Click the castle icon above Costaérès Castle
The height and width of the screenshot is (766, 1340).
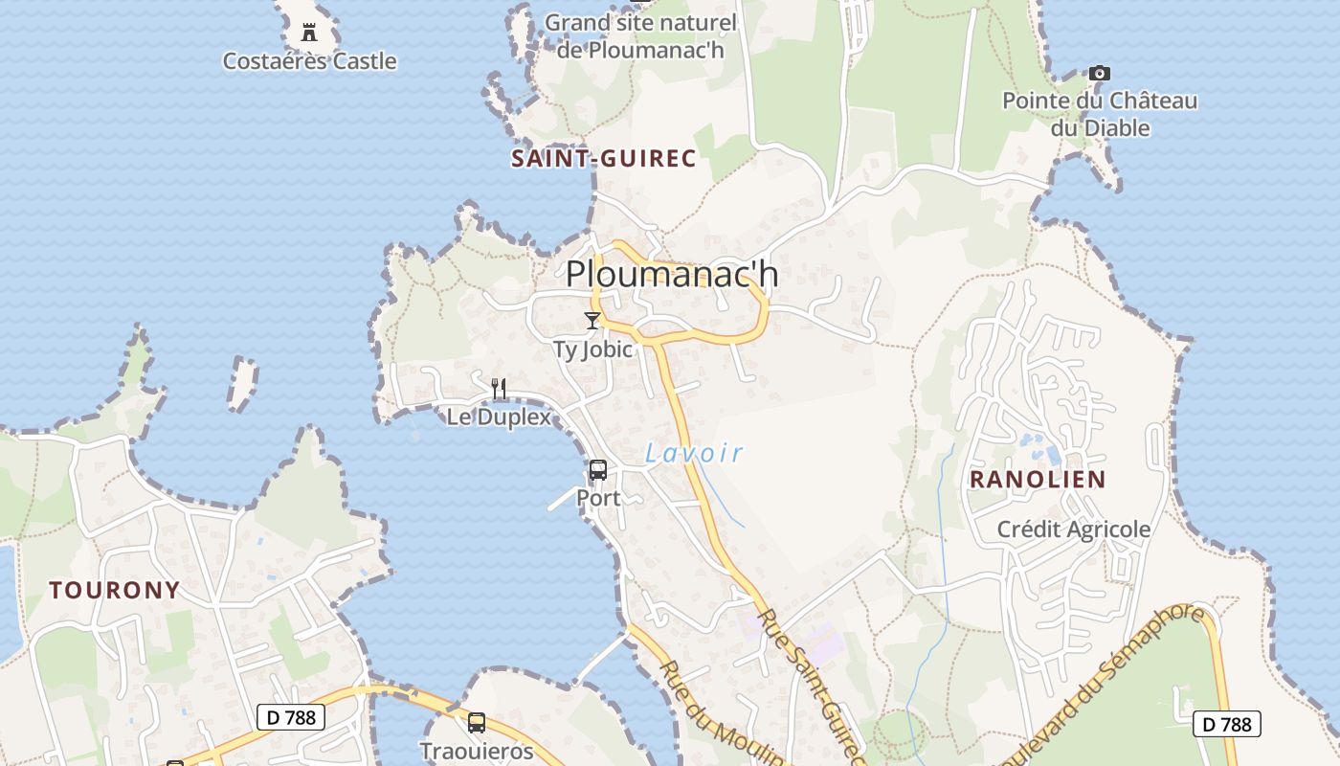coord(309,33)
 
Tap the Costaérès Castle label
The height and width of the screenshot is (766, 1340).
coord(309,61)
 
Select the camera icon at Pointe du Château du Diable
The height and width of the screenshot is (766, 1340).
coord(1099,73)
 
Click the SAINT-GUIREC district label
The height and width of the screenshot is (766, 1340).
coord(603,159)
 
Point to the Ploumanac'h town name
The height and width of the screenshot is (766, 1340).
coord(672,275)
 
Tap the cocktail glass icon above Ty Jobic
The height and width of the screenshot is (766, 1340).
coord(592,321)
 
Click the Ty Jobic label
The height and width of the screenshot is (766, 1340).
coord(593,349)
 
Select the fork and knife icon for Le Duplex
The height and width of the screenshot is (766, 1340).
coord(499,388)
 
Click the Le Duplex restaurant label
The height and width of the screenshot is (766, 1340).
coord(499,417)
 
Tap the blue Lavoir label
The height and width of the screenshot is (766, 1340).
coord(694,453)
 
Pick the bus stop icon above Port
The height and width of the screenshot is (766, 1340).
coord(598,470)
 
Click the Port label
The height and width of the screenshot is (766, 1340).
coord(598,498)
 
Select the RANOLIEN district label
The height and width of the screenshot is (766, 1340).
coord(1038,480)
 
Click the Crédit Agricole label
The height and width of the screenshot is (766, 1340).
coord(1074,529)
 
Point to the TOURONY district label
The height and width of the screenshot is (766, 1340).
coord(115,590)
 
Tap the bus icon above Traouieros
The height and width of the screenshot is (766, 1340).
coord(477,722)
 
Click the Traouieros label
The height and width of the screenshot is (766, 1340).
coord(477,751)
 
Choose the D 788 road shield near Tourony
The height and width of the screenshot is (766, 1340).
coord(291,717)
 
